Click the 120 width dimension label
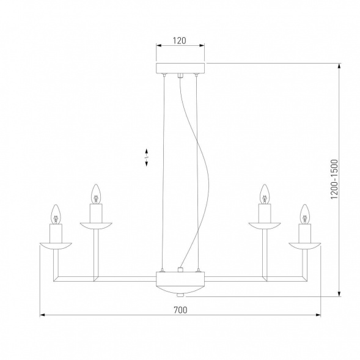179,42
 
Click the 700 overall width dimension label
180,310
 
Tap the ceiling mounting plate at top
181,67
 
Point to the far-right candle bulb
304,213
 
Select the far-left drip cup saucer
56,246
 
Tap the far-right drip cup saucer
304,246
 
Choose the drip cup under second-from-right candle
265,226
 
